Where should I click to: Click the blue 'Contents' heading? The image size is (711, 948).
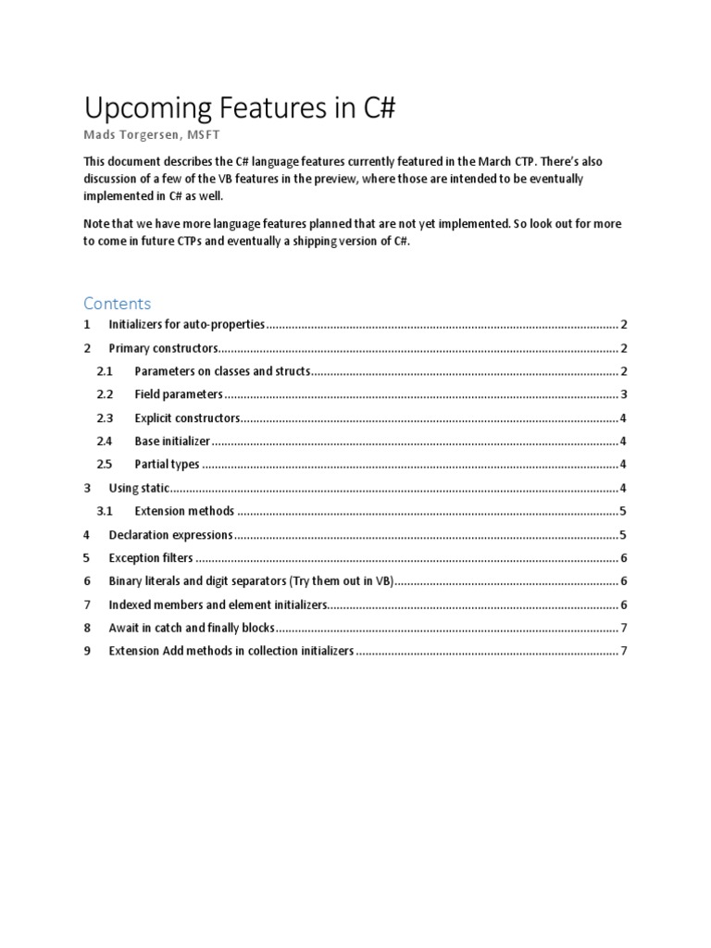pos(117,304)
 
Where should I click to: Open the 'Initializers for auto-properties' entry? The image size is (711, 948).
pos(187,325)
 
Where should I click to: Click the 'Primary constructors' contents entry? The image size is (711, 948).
pos(163,348)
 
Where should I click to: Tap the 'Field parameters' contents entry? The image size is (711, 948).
pos(179,394)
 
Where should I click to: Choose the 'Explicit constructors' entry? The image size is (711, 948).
pos(187,418)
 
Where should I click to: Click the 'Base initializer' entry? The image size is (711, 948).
pos(172,441)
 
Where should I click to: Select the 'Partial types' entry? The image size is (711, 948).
pos(167,465)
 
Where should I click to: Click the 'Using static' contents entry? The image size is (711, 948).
pos(137,488)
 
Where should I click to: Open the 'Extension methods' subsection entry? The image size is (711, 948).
pos(184,511)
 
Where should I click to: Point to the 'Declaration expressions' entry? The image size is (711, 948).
pos(169,535)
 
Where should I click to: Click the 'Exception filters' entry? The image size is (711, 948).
pos(152,558)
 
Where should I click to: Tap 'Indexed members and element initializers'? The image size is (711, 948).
pos(218,605)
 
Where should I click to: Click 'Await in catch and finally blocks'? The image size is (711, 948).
pos(192,628)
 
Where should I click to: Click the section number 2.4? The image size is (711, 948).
pos(104,441)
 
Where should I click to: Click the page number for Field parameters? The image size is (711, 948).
pos(625,394)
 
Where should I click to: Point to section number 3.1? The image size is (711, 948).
pos(104,511)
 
